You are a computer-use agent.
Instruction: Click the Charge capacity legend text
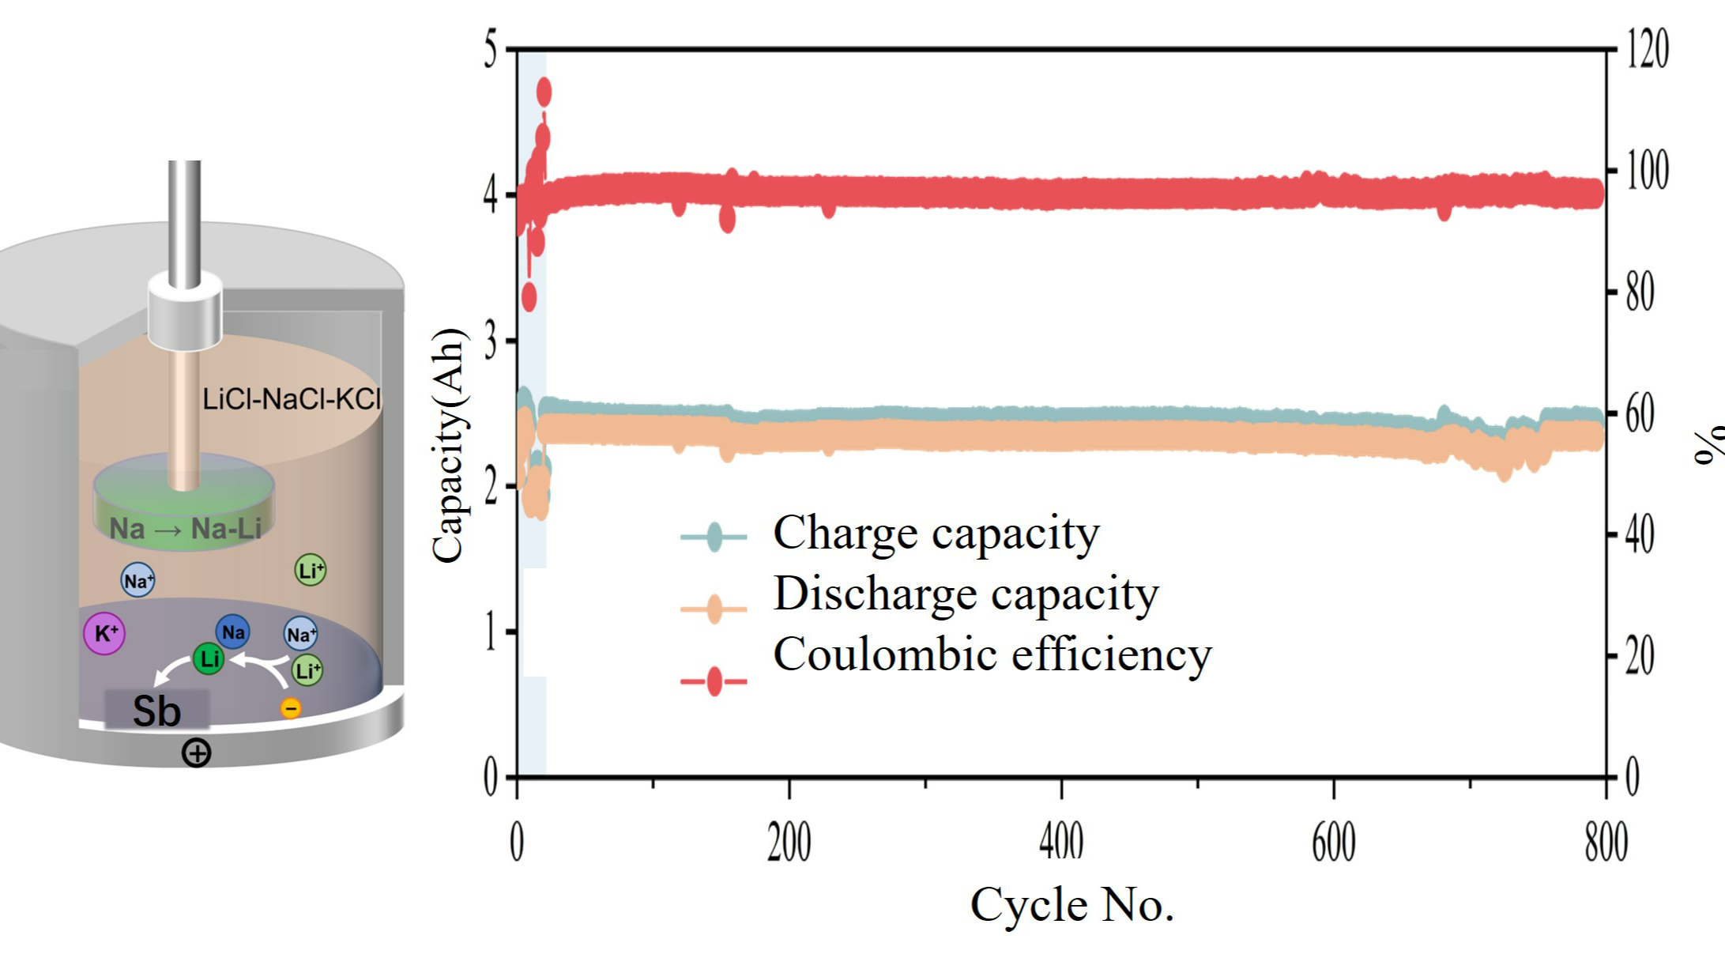click(x=936, y=534)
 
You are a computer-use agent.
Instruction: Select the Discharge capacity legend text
click(x=966, y=594)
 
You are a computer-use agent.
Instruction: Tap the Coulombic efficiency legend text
click(x=992, y=655)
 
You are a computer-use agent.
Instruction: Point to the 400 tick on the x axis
click(x=1061, y=843)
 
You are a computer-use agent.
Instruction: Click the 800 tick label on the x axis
click(x=1606, y=843)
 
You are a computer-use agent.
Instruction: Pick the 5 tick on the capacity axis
click(x=491, y=50)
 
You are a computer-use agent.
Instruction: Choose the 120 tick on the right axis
click(x=1647, y=49)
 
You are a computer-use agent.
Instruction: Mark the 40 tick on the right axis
click(x=1640, y=535)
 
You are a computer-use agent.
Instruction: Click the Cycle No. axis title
click(x=1072, y=905)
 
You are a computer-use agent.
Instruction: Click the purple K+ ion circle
click(x=104, y=633)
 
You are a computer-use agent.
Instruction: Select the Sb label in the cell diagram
click(x=156, y=711)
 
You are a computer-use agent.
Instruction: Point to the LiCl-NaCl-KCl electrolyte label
click(x=292, y=399)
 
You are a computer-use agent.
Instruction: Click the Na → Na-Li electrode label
click(x=185, y=528)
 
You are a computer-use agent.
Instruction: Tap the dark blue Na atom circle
click(x=233, y=632)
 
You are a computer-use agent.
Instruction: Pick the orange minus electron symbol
click(x=291, y=707)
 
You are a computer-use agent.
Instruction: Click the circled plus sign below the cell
click(x=196, y=752)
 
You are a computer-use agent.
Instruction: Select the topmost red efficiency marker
click(x=544, y=92)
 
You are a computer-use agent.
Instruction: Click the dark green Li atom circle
click(x=209, y=658)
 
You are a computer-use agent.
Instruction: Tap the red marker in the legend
click(x=714, y=681)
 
